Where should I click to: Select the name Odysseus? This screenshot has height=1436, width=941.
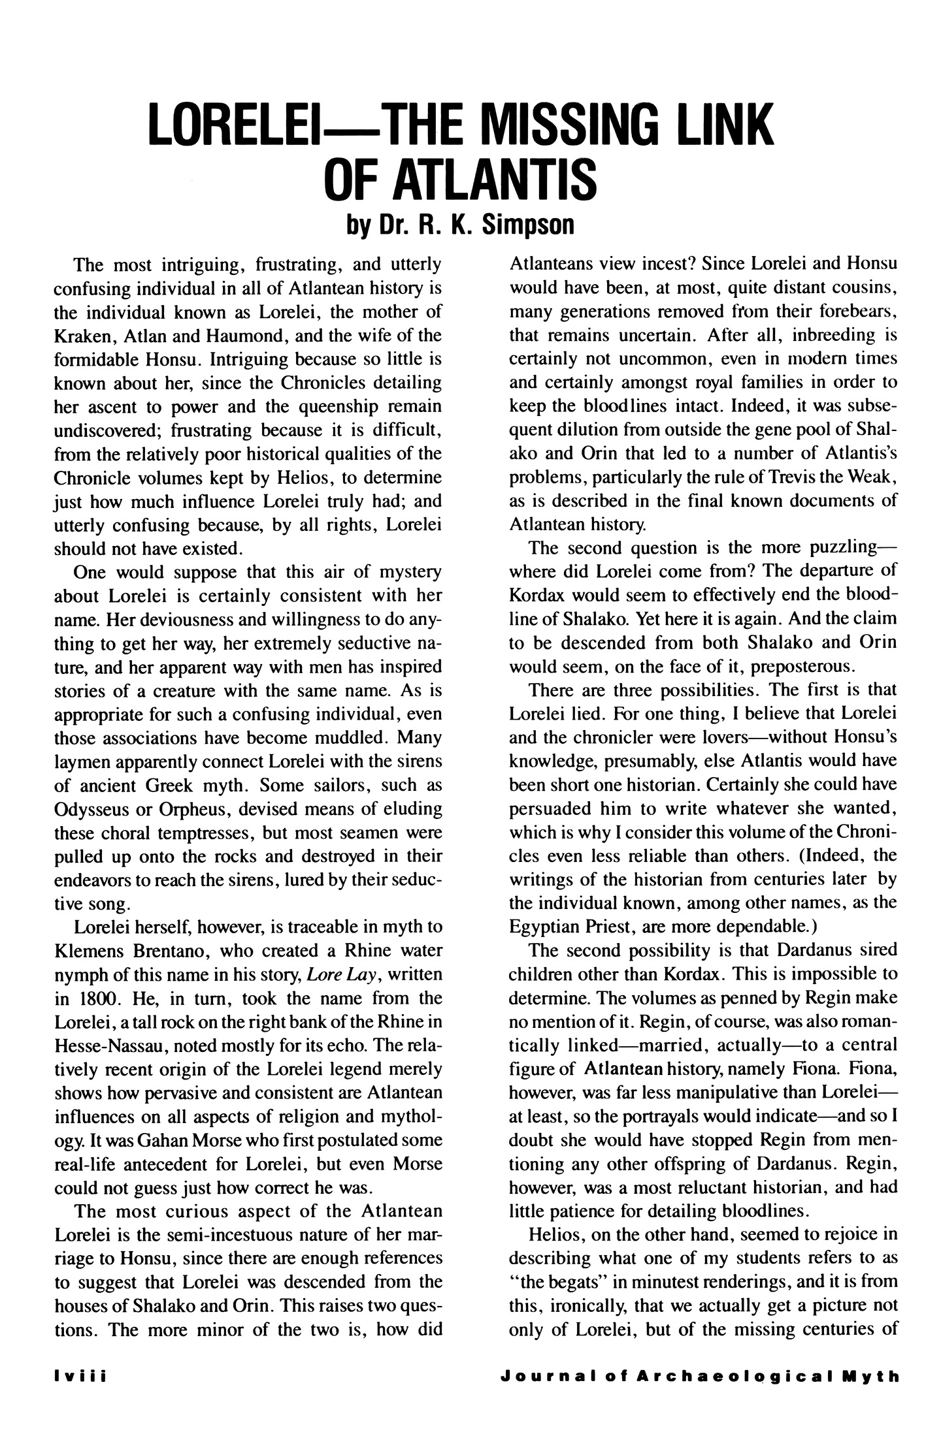pos(96,809)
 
